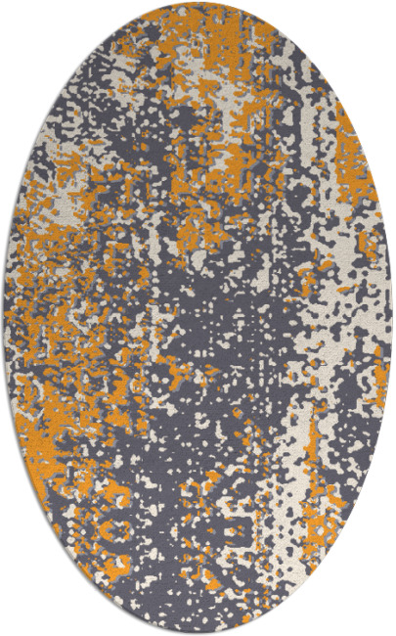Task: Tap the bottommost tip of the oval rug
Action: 198,632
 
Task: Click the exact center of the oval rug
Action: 198,318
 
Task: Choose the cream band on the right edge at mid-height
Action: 367,323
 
